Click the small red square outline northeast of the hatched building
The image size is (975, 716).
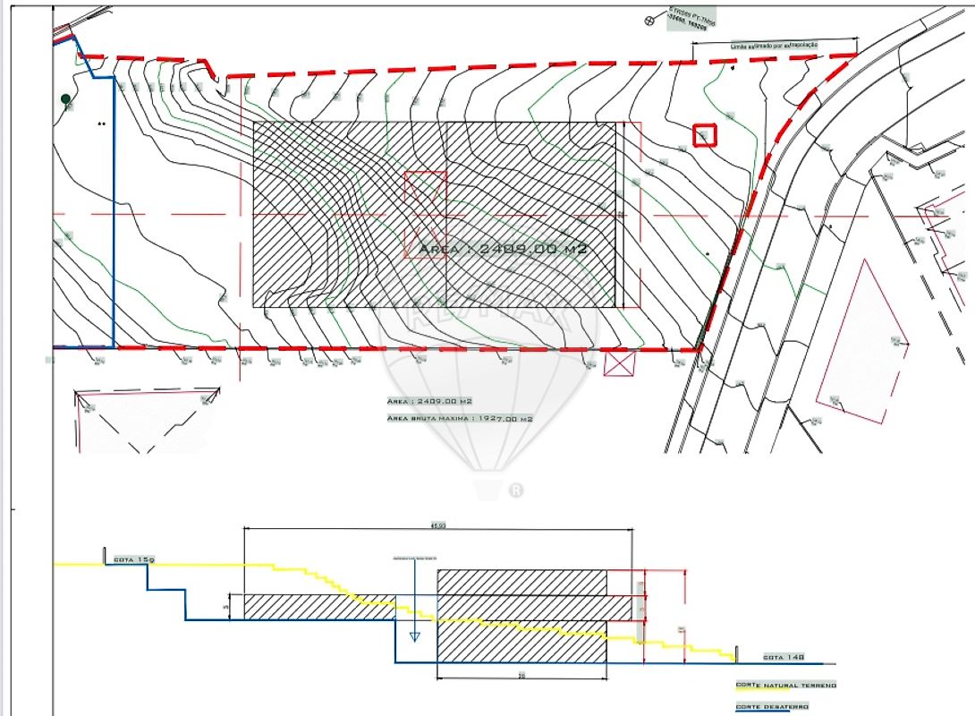tap(706, 135)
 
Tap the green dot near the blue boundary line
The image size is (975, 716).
tap(65, 98)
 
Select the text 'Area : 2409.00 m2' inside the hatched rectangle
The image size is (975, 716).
tap(503, 249)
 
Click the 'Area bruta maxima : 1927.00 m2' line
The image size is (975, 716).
tap(460, 418)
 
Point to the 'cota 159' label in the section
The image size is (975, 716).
tap(133, 559)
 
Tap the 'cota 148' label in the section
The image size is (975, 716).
tap(783, 657)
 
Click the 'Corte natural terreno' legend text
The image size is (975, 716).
tap(785, 686)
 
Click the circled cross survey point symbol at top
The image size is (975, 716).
tap(650, 19)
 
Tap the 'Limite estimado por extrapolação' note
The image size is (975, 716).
tap(775, 44)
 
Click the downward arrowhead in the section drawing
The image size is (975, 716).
tap(413, 636)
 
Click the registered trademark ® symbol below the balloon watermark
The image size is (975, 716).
tap(515, 490)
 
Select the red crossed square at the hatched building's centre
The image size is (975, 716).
tap(426, 191)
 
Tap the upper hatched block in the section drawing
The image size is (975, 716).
tap(521, 581)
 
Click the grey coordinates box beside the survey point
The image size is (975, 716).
tap(694, 20)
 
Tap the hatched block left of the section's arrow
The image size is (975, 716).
tap(320, 607)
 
